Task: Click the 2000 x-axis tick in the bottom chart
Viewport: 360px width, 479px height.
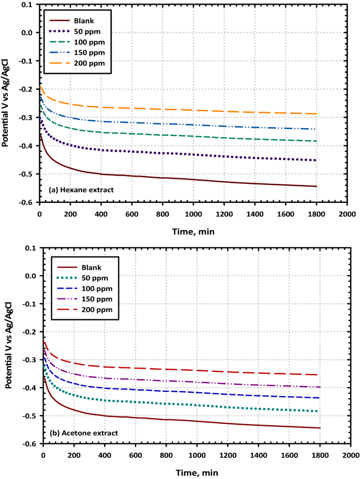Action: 351,454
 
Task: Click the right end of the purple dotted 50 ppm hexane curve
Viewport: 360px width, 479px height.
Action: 316,160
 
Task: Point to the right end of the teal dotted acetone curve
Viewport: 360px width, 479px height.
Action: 318,411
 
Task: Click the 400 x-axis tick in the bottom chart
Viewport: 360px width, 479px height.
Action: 105,454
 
